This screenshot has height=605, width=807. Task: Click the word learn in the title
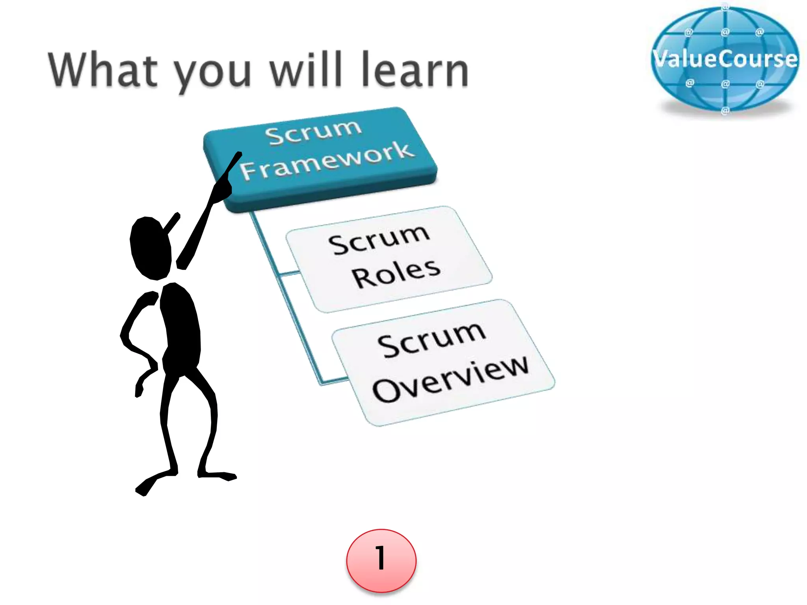pos(415,70)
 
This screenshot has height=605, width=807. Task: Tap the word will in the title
pos(305,70)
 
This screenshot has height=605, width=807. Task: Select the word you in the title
pos(212,73)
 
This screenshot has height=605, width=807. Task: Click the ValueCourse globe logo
pos(725,59)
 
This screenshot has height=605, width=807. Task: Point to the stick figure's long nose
pos(172,223)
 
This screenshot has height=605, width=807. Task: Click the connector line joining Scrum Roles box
pos(290,273)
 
